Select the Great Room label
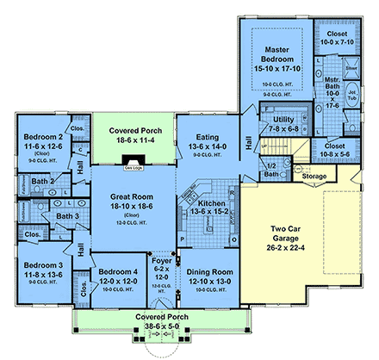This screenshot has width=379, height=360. coord(133,197)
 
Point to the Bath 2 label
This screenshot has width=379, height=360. coord(44,182)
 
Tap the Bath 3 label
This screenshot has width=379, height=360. coord(67,216)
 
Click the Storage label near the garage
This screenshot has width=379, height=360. coord(315,177)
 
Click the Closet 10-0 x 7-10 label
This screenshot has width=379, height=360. coord(350,38)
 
